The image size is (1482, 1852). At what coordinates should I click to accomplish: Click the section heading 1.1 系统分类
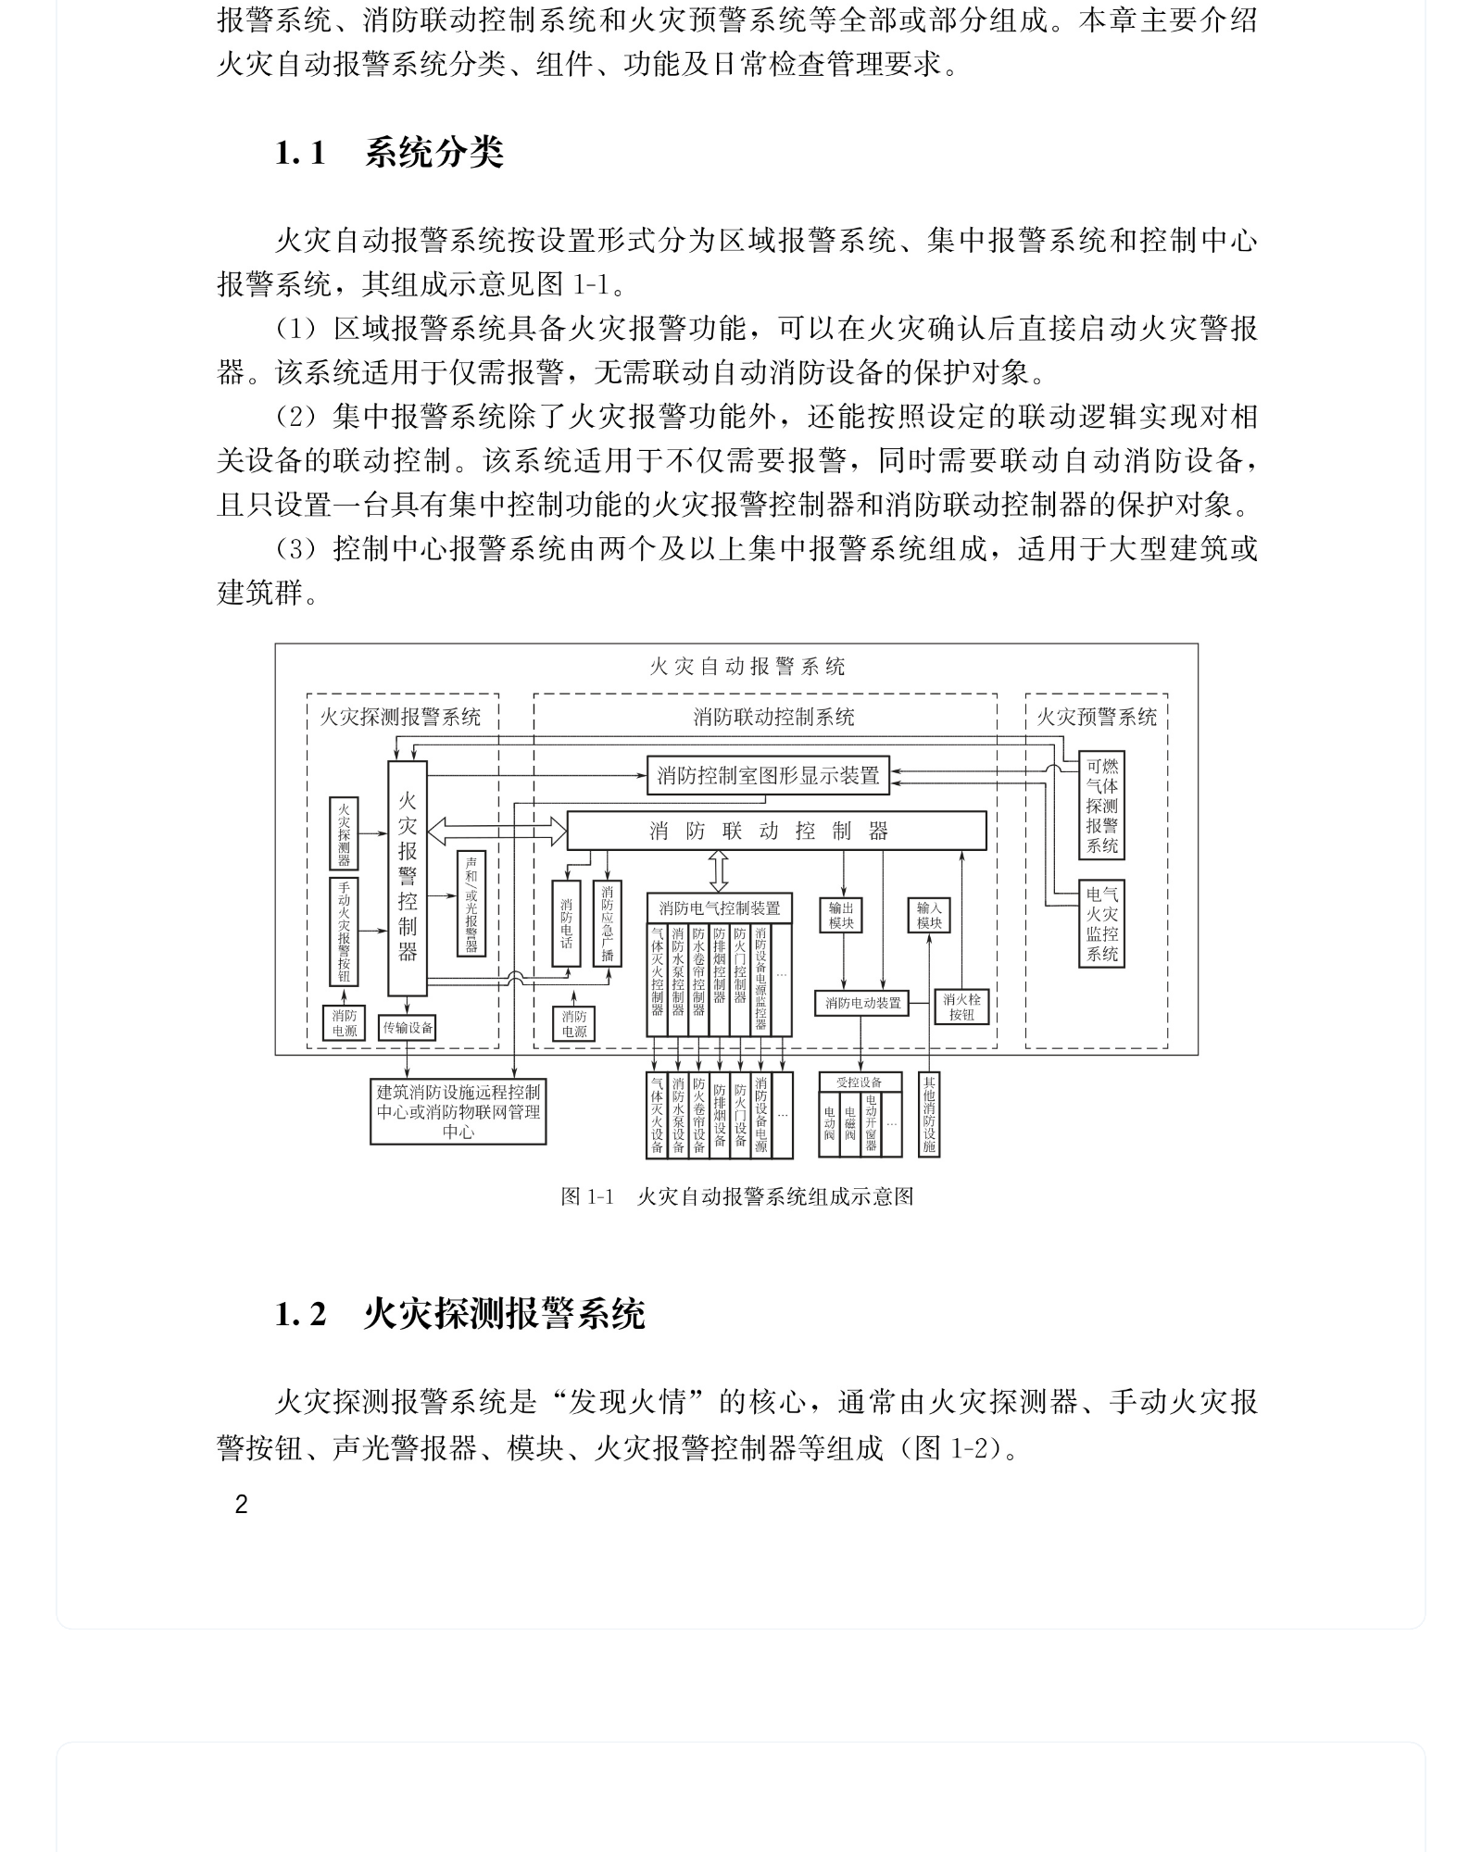pyautogui.click(x=389, y=153)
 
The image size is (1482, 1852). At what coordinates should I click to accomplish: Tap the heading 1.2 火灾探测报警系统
pyautogui.click(x=459, y=1314)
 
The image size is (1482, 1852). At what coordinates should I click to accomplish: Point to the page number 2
pyautogui.click(x=242, y=1505)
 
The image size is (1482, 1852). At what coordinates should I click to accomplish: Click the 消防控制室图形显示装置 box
pyautogui.click(x=768, y=776)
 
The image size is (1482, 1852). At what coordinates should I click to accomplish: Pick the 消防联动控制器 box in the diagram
pyautogui.click(x=776, y=831)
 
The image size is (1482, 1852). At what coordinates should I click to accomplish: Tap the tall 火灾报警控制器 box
pyautogui.click(x=408, y=877)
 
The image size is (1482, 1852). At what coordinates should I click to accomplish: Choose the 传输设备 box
pyautogui.click(x=408, y=1028)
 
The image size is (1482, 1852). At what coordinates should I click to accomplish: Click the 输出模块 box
pyautogui.click(x=841, y=915)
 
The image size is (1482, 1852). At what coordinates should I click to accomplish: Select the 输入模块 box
pyautogui.click(x=929, y=915)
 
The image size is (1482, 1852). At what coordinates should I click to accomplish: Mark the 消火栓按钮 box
pyautogui.click(x=961, y=1007)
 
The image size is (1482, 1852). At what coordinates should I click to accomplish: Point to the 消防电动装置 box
pyautogui.click(x=862, y=1003)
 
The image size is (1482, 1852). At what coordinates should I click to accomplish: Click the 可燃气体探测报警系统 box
pyautogui.click(x=1101, y=806)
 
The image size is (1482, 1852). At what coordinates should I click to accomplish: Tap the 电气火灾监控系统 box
pyautogui.click(x=1101, y=923)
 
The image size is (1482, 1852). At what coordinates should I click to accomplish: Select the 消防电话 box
pyautogui.click(x=566, y=923)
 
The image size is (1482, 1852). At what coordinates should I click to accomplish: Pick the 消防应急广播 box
pyautogui.click(x=607, y=923)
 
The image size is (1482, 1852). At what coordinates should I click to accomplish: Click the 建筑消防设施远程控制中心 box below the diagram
pyautogui.click(x=458, y=1111)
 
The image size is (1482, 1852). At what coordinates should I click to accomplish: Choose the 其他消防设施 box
pyautogui.click(x=929, y=1114)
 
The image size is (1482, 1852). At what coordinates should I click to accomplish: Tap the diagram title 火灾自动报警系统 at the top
pyautogui.click(x=747, y=667)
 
